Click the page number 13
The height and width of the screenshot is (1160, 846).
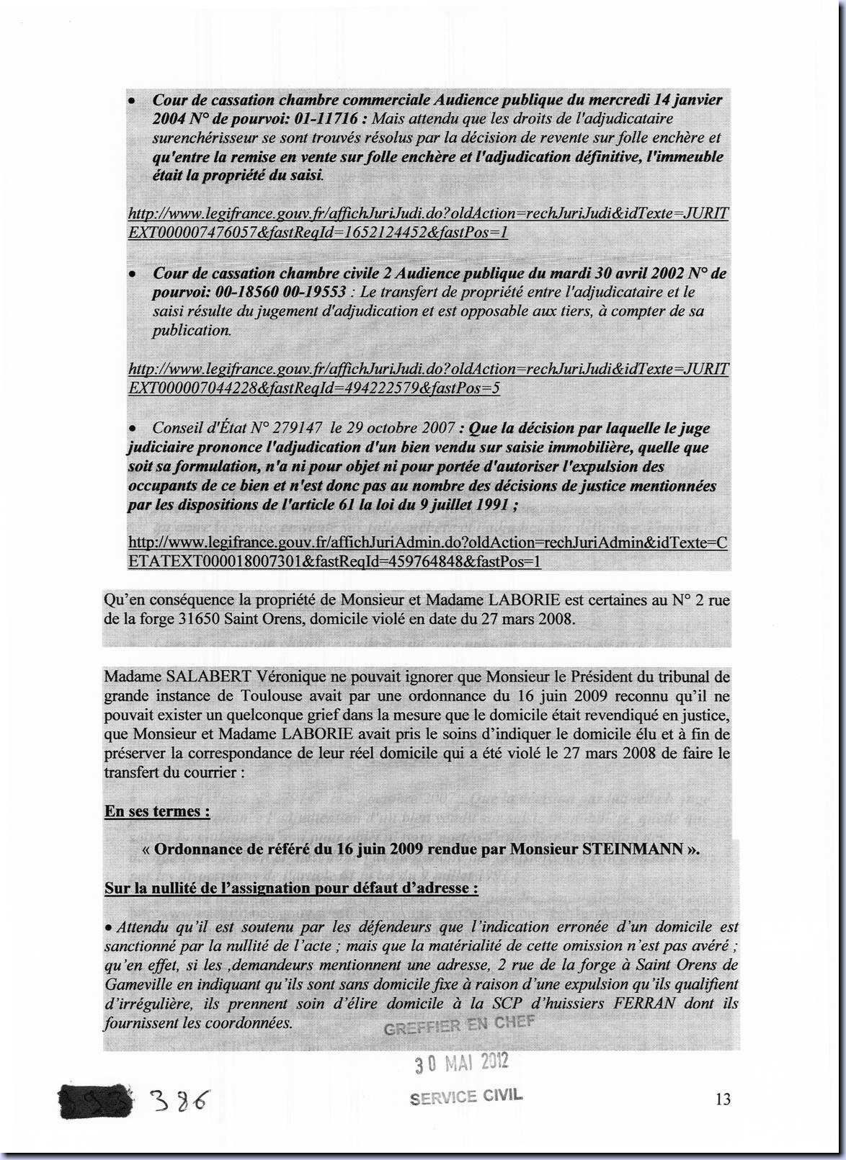click(x=723, y=1099)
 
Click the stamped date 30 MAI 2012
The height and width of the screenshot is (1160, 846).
click(x=461, y=1062)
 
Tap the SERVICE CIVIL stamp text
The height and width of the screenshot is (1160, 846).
click(x=466, y=1097)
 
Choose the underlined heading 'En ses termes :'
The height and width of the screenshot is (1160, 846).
click(x=157, y=811)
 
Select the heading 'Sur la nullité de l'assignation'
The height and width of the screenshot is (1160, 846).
click(x=291, y=888)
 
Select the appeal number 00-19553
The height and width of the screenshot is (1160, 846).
click(x=308, y=293)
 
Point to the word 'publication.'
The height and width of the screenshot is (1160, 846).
click(x=192, y=331)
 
